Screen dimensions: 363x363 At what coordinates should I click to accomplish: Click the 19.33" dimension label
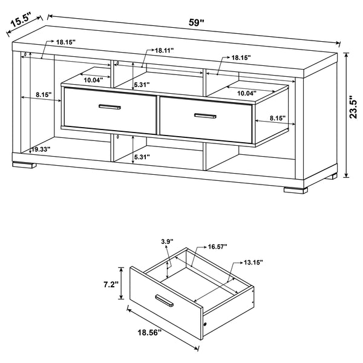pos(41,148)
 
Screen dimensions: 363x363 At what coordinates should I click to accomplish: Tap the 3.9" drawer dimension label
pos(167,242)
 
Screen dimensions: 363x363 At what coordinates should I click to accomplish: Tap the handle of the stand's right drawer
pos(204,115)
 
